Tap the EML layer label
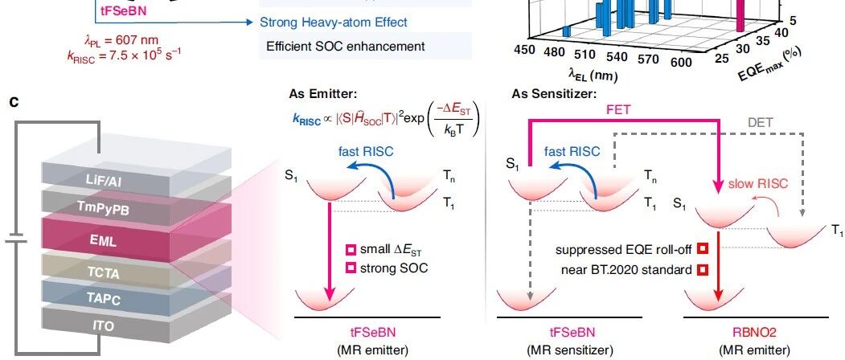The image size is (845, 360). (x=103, y=240)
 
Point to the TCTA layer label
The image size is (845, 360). (x=104, y=272)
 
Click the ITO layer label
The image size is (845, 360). (x=104, y=325)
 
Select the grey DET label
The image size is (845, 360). (x=760, y=123)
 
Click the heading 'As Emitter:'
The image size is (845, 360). (x=322, y=94)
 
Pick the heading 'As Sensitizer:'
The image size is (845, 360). (x=555, y=94)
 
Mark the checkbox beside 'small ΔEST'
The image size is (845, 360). (x=351, y=250)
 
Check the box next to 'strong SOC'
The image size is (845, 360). (x=351, y=268)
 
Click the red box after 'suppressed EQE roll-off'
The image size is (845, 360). (x=702, y=249)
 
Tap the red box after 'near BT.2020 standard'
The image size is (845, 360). (x=702, y=269)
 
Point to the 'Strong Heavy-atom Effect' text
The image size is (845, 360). (x=334, y=22)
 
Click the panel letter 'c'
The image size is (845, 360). (x=14, y=100)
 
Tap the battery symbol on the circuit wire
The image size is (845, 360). (x=16, y=239)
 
